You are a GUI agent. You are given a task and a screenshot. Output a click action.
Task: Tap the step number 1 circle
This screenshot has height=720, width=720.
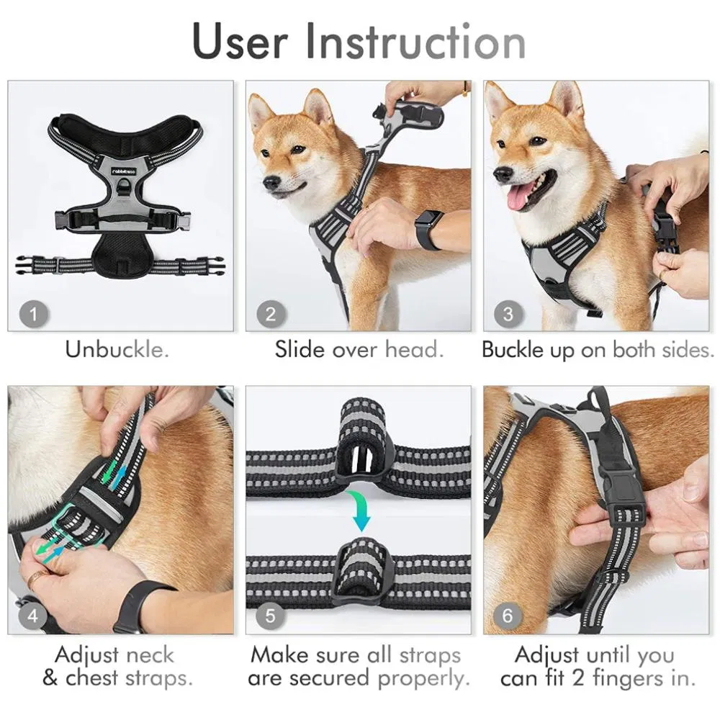coord(33,315)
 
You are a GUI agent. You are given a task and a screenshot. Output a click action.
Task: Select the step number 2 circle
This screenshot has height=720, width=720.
coord(271,315)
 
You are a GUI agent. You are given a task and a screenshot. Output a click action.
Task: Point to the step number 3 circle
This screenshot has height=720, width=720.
coord(508,315)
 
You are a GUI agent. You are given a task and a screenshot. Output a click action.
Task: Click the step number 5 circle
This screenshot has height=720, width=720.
coord(271,616)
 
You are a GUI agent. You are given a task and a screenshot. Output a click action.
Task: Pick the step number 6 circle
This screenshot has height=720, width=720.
coord(508,616)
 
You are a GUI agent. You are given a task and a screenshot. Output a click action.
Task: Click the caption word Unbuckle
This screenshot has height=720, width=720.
coord(117,350)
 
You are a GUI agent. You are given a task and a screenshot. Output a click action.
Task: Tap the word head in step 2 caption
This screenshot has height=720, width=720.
coord(414,350)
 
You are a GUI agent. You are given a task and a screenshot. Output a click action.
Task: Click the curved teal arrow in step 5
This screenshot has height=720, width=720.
coord(361,510)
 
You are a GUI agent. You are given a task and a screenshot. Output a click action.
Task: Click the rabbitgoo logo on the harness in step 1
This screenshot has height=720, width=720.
coord(124,171)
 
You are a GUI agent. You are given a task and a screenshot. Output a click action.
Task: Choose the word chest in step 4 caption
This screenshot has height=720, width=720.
coord(92,678)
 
